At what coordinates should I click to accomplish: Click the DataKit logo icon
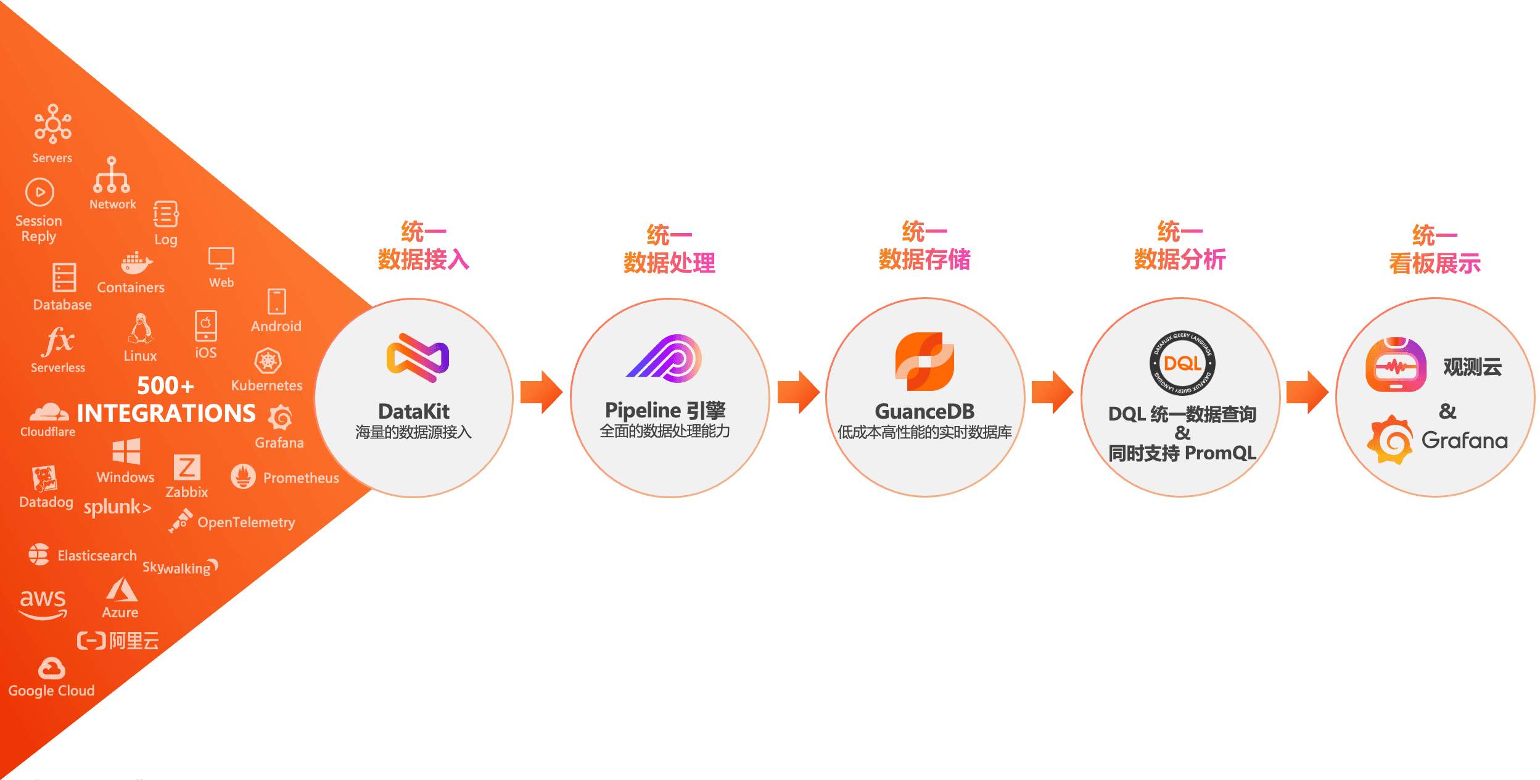coord(418,358)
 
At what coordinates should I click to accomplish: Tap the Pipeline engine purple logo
coord(665,358)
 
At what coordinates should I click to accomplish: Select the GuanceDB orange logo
coord(924,361)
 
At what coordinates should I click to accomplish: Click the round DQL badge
coord(1182,363)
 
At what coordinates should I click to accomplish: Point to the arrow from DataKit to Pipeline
coord(541,392)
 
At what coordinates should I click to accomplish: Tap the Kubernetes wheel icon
coord(268,361)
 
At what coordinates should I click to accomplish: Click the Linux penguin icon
coord(141,329)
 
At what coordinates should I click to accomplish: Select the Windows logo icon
coord(126,451)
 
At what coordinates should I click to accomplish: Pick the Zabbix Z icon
coord(186,467)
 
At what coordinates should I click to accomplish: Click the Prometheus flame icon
coord(243,477)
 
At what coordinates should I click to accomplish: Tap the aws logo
coord(43,603)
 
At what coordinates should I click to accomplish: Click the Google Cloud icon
coord(51,668)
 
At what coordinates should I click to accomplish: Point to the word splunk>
coord(117,507)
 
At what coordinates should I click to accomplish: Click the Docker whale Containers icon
coord(135,263)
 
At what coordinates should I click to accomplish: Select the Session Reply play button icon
coord(39,192)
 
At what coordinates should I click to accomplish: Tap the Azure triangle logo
coord(121,590)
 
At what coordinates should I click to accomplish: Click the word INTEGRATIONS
coord(166,413)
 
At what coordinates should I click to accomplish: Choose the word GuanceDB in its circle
coord(924,411)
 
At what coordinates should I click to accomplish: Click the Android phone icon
coord(276,302)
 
